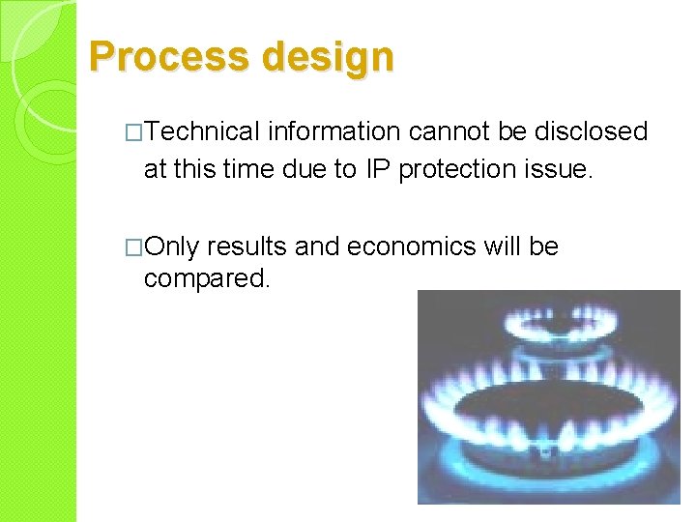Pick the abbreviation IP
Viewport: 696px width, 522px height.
click(x=378, y=169)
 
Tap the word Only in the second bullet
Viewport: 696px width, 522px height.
click(x=171, y=246)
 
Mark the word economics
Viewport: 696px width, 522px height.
click(x=411, y=246)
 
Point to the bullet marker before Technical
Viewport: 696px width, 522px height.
click(x=134, y=132)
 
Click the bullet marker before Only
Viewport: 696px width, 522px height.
click(x=134, y=247)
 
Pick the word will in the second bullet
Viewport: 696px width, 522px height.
click(x=502, y=246)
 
